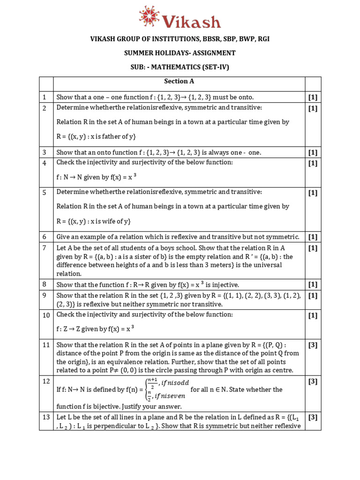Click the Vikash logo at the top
180,17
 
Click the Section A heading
179,81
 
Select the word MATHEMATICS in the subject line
180,67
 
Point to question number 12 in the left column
46,382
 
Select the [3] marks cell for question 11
313,345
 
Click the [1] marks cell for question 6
313,237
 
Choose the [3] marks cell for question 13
313,417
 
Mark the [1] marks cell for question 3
313,152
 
